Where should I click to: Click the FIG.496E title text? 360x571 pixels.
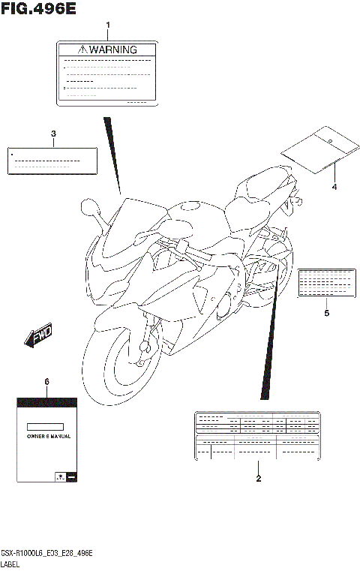[x=38, y=9]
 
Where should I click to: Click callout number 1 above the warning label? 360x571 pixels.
[x=107, y=26]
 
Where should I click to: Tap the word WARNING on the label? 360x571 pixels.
[x=114, y=50]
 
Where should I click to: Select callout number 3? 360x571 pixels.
[x=53, y=134]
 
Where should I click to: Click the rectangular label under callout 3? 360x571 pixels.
[x=52, y=161]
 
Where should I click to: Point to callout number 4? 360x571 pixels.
[x=334, y=186]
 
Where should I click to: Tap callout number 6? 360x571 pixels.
[x=46, y=382]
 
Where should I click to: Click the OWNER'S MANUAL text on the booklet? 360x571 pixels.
[x=48, y=436]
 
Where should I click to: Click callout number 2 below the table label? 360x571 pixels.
[x=258, y=478]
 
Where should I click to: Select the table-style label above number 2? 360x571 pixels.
[x=258, y=434]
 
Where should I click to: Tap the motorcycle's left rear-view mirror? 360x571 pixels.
[x=88, y=204]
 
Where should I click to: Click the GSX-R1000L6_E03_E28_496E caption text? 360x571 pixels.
[x=46, y=552]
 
